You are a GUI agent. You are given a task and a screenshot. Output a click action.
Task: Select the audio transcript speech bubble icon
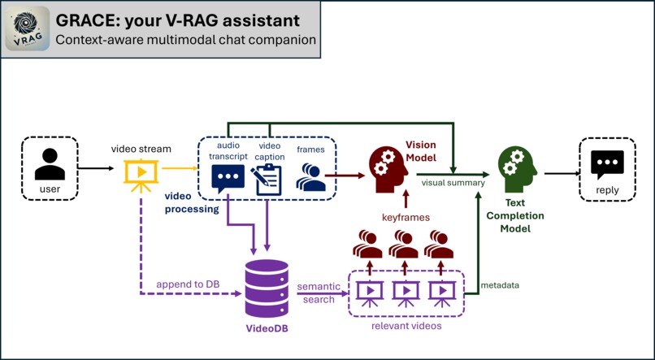(x=228, y=178)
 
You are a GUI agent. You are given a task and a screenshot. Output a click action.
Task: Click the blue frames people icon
(x=310, y=177)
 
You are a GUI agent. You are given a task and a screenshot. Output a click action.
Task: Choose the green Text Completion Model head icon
(x=518, y=168)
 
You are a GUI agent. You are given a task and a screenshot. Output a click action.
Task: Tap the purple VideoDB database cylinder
(x=267, y=288)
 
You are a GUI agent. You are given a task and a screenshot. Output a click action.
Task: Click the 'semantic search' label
(x=318, y=293)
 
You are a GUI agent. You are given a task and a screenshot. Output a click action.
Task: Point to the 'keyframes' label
(x=406, y=217)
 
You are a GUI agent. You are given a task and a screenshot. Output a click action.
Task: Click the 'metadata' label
(x=501, y=285)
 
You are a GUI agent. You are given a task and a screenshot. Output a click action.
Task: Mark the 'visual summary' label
(x=453, y=183)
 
